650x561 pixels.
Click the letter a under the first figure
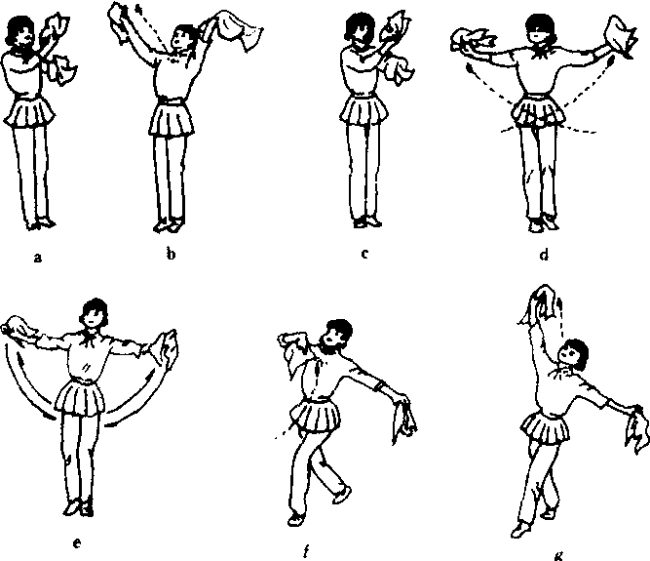click(38, 259)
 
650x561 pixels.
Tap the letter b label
click(171, 253)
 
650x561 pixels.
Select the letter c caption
click(364, 254)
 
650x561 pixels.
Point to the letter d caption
click(545, 254)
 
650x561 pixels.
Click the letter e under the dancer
click(77, 543)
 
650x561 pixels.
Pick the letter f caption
click(306, 551)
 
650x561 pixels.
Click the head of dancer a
click(19, 31)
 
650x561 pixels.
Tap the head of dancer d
click(540, 29)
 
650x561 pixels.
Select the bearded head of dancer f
click(337, 336)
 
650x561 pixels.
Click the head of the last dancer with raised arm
click(572, 355)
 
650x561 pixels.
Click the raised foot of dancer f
click(342, 495)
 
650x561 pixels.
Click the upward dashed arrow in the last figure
click(561, 319)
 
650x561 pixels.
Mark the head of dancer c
click(359, 28)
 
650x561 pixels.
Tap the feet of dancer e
click(79, 507)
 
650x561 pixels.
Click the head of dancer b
click(181, 37)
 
